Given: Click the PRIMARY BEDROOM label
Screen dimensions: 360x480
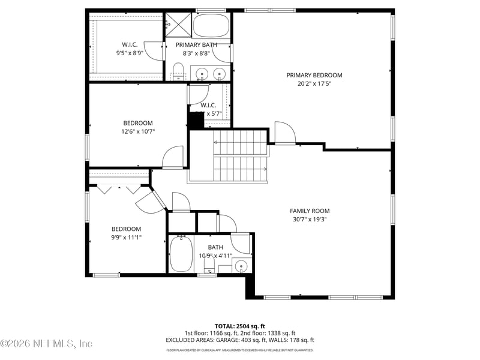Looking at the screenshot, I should pos(314,75).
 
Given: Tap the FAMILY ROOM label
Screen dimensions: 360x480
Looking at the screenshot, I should pos(310,211).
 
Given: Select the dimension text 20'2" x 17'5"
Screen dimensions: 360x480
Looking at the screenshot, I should pos(314,84).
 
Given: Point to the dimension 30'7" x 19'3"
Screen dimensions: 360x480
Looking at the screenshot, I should pos(310,220).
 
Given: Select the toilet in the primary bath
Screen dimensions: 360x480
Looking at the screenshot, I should pos(178,71).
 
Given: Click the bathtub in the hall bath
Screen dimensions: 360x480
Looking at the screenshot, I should pos(180,254).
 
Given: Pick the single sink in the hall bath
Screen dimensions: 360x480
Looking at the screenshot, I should pos(240,265).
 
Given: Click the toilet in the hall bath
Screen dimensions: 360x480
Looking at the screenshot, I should pos(209,264).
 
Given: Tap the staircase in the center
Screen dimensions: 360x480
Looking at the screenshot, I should pos(240,156).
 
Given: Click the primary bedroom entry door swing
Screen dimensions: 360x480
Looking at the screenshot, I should pos(284,133).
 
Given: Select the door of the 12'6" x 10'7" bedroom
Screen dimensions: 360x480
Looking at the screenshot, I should pos(173,157).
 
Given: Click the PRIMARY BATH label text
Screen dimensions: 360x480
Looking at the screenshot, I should pos(196,44).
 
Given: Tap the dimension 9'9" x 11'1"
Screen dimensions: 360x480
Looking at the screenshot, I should pos(126,238).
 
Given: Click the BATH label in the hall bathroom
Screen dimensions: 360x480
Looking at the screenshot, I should pos(215,247).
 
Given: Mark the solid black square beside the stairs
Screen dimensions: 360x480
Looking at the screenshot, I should pos(196,120).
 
